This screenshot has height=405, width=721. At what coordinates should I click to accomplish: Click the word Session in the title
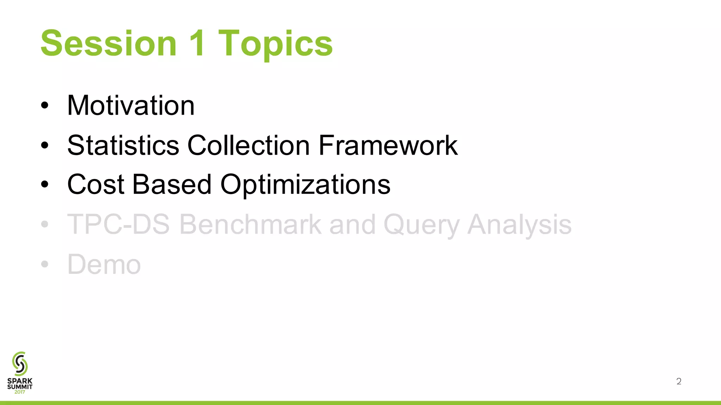(108, 44)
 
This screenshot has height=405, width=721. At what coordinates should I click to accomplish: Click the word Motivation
(131, 105)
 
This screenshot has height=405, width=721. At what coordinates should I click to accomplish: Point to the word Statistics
(123, 145)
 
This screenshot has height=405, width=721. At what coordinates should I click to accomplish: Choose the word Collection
(249, 145)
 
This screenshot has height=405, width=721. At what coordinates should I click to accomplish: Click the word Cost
(95, 185)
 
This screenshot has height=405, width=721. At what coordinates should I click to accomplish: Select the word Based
(172, 185)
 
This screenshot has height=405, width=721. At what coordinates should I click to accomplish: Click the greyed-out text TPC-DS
(119, 224)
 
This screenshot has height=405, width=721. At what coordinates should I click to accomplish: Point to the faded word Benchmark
(250, 224)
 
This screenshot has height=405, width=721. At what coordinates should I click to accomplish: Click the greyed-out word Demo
(104, 264)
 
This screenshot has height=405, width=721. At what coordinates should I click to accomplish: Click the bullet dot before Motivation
(44, 105)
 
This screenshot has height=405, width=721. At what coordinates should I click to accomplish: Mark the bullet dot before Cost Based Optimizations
(44, 185)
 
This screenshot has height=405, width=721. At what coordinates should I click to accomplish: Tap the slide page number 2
(679, 381)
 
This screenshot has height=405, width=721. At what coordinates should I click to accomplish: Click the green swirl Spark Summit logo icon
(20, 364)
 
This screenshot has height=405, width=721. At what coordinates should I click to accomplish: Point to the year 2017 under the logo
(20, 392)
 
